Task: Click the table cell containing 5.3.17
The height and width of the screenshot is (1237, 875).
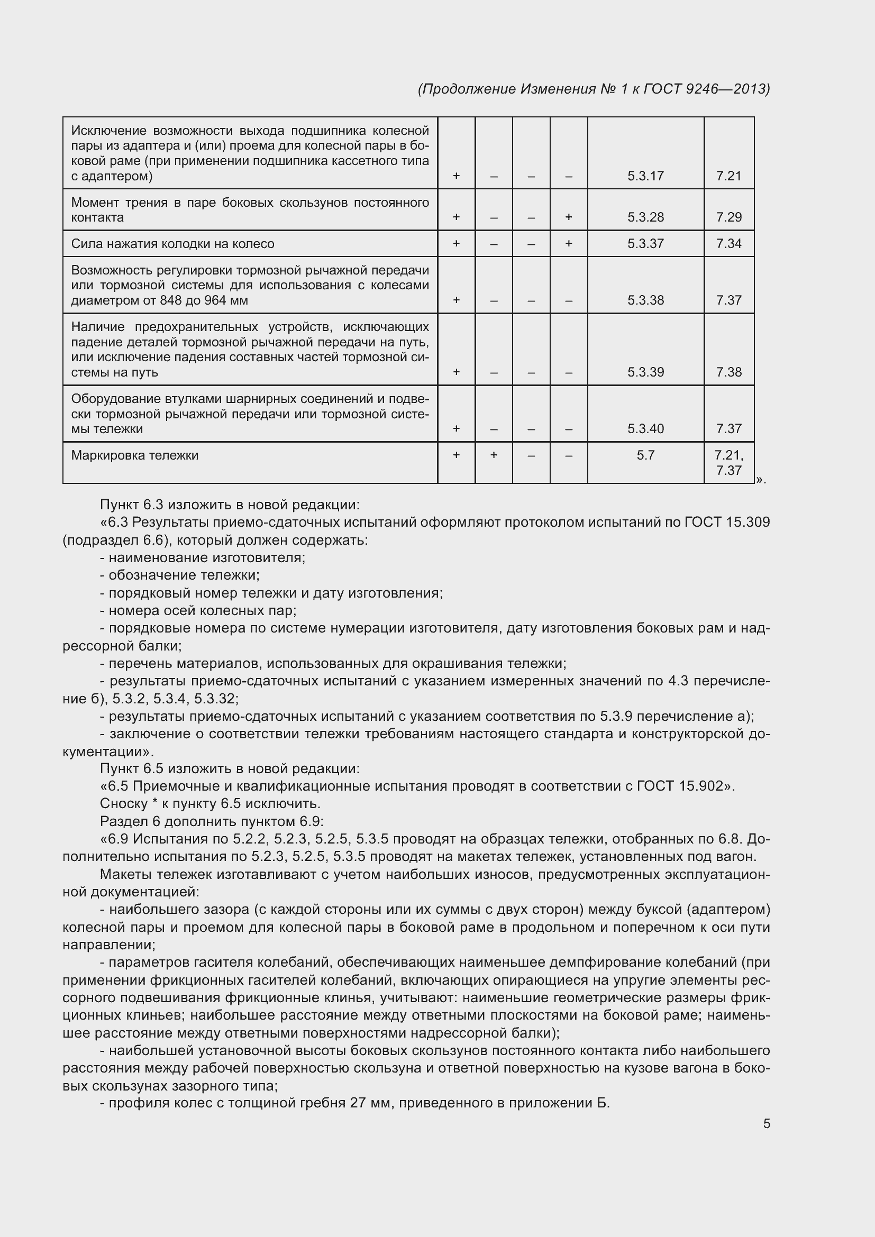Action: (x=645, y=176)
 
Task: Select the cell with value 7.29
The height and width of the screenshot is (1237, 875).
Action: (x=728, y=217)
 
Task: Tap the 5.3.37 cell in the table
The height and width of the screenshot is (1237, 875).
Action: (x=645, y=243)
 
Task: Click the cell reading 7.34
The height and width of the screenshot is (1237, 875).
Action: (x=728, y=243)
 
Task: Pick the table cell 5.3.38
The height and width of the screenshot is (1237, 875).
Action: (x=645, y=300)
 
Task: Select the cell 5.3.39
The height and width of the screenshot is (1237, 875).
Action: (x=645, y=372)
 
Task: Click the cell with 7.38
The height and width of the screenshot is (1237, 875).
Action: (x=728, y=372)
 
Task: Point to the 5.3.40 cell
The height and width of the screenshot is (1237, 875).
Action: (x=645, y=429)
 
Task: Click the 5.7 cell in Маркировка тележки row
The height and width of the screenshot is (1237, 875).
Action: (x=645, y=455)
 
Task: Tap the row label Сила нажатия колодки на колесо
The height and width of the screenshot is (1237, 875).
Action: (x=172, y=244)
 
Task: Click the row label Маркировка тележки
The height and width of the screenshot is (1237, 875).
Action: (x=135, y=455)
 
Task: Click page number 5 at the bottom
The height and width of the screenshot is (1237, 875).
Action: (x=766, y=1124)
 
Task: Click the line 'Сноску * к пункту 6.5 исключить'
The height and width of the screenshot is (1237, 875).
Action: (x=210, y=804)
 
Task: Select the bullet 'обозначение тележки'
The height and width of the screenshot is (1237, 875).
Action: (x=183, y=575)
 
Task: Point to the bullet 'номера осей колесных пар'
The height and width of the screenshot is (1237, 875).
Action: (x=202, y=610)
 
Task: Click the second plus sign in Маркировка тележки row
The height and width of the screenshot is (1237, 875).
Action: (x=494, y=455)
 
